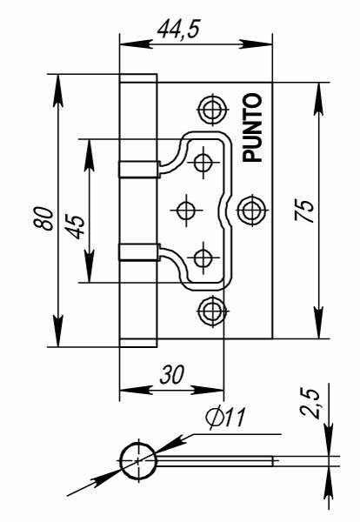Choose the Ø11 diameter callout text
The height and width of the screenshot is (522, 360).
(x=225, y=417)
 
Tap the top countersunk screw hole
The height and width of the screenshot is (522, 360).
(x=211, y=109)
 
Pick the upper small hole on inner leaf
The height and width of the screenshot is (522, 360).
(x=203, y=161)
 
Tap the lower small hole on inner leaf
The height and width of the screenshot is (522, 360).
(x=203, y=257)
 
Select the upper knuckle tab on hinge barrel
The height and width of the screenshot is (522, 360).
(x=137, y=167)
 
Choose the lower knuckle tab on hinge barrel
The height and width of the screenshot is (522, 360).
(x=137, y=252)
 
